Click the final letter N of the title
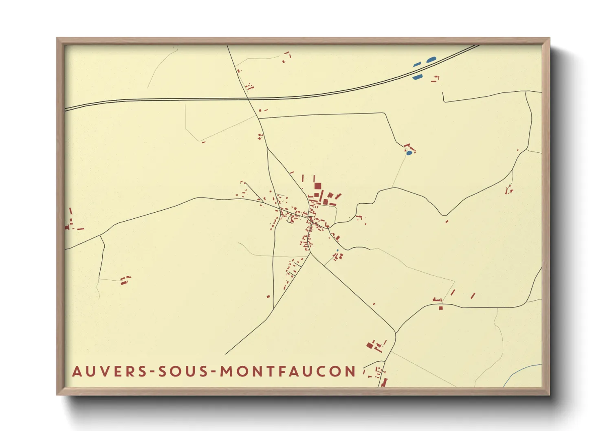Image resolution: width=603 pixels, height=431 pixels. (350, 372)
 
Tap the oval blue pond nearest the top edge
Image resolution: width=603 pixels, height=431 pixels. (431, 60)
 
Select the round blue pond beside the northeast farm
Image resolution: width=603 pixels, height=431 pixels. (409, 153)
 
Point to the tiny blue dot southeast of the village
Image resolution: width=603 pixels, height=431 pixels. (337, 250)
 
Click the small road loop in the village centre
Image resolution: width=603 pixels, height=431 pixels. (290, 220)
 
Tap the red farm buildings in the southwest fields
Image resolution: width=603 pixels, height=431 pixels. (125, 280)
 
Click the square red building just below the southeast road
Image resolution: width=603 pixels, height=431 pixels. (440, 308)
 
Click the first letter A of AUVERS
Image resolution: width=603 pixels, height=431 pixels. (77, 372)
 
